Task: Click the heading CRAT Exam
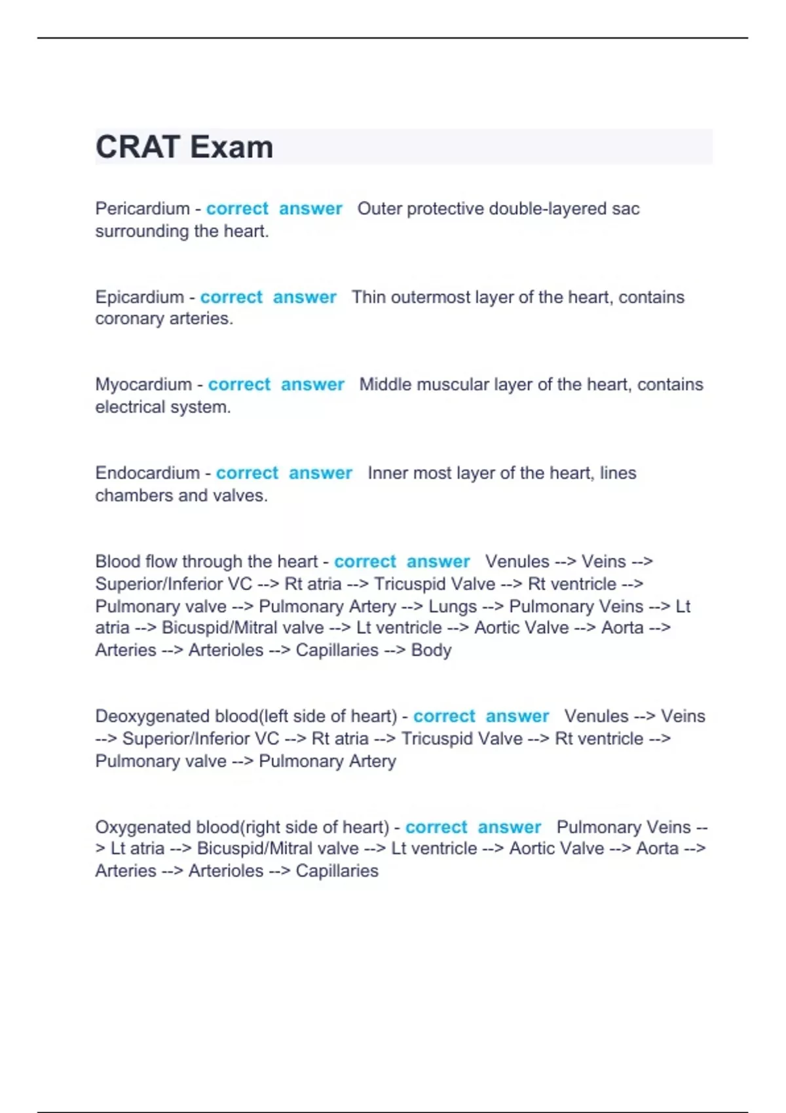[x=184, y=147]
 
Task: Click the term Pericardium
[x=142, y=209]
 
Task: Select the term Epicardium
[x=140, y=297]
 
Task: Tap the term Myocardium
[x=143, y=384]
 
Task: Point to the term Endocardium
[x=147, y=473]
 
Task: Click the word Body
[x=431, y=650]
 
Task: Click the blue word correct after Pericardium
[x=237, y=209]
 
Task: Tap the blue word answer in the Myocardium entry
[x=312, y=384]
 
